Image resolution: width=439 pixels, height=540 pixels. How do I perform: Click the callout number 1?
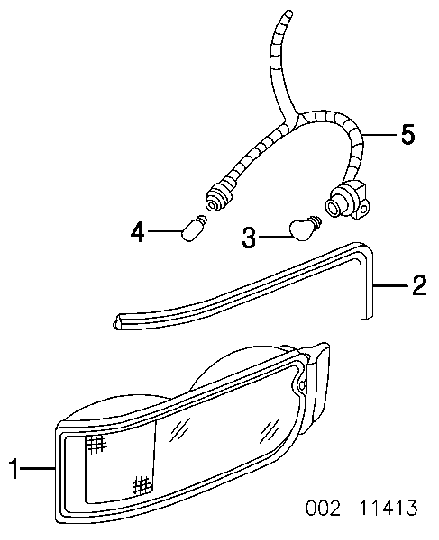point(14,468)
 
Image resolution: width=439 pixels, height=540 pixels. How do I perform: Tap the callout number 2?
point(419,285)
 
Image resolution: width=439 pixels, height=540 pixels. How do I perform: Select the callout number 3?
point(249,237)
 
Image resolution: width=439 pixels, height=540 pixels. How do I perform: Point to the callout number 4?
point(137,232)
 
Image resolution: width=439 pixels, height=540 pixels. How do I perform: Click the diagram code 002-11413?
point(361,508)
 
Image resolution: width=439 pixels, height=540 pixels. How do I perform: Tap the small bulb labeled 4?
point(195,229)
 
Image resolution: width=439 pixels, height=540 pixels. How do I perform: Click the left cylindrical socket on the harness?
point(219,197)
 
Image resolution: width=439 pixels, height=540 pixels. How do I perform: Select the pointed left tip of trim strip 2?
point(115,324)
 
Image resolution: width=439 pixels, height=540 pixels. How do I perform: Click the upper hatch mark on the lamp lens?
point(96,444)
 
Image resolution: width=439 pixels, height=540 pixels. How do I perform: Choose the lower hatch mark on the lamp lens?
point(142,485)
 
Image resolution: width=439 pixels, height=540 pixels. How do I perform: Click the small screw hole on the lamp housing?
point(302,384)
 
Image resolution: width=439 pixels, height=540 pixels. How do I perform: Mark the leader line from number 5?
point(380,134)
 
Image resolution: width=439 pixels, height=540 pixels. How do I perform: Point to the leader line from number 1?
point(38,468)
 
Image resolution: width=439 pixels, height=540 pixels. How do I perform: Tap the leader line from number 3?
point(275,237)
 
